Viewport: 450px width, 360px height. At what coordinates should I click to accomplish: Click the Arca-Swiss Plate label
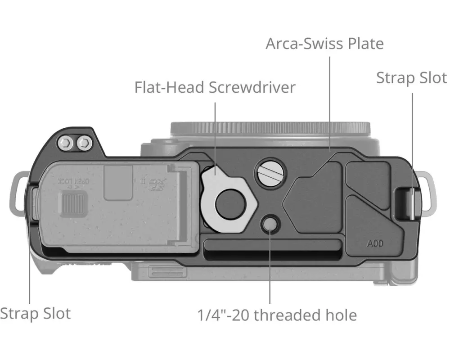coord(324,44)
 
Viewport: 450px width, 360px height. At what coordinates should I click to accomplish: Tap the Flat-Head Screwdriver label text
coord(215,87)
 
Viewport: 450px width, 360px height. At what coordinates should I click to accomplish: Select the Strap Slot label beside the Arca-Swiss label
coord(411,77)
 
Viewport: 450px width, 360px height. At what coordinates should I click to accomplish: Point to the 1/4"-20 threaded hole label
coord(277,315)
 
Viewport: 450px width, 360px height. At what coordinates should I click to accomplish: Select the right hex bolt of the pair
coord(83,144)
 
